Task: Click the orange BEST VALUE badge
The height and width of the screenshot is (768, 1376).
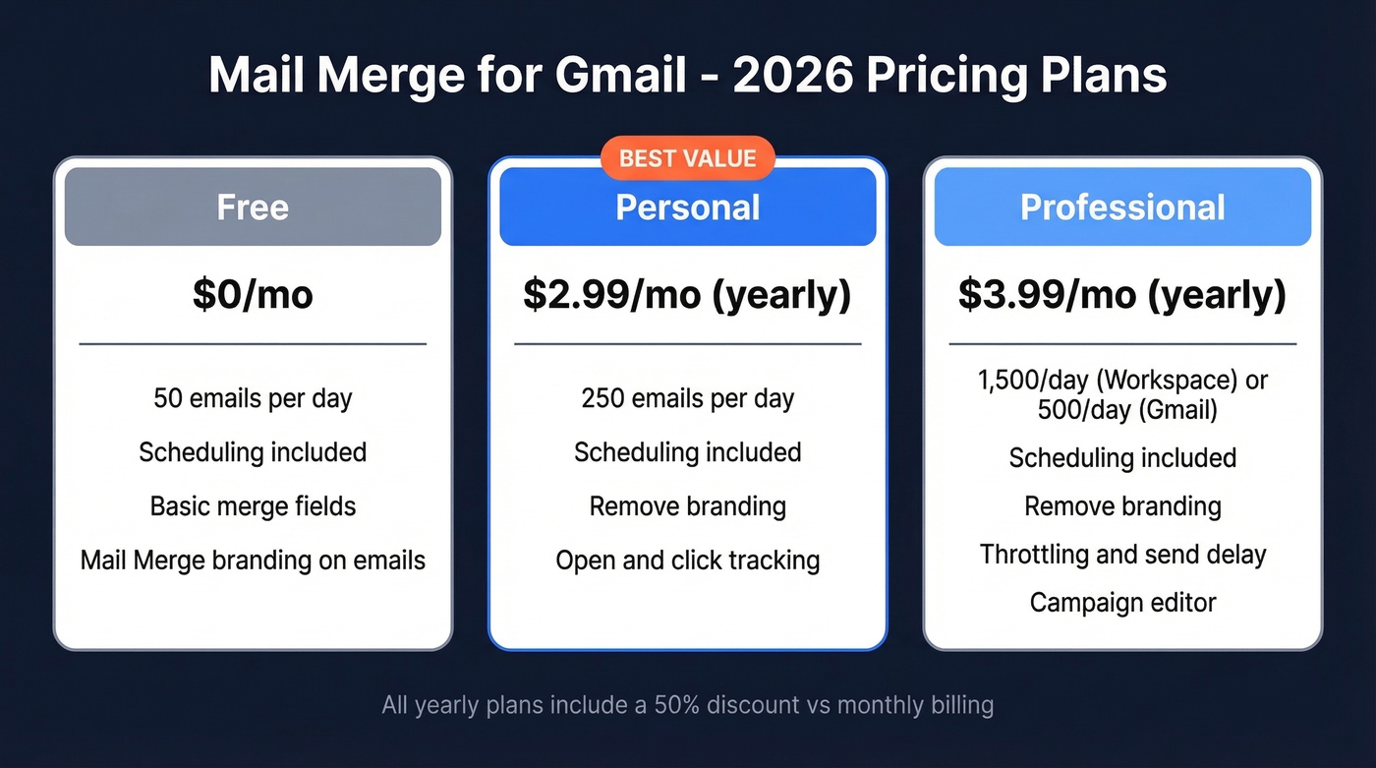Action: (687, 158)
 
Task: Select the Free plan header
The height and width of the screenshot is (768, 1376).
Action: (253, 207)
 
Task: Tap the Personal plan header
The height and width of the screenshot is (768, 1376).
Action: (687, 207)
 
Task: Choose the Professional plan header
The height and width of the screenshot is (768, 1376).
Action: (1122, 207)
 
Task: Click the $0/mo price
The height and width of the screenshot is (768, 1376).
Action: (253, 295)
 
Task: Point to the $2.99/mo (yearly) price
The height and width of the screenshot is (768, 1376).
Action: (687, 295)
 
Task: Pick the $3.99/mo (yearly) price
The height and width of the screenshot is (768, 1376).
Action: (1122, 295)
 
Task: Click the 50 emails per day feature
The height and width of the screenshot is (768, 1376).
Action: (253, 398)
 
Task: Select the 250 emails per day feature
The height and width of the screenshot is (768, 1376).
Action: (687, 398)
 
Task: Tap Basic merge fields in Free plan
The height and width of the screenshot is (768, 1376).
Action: (253, 506)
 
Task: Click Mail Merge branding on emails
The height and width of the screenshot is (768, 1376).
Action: (253, 561)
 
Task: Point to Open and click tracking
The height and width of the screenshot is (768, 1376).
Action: (687, 561)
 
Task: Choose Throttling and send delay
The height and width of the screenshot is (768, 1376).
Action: (1122, 555)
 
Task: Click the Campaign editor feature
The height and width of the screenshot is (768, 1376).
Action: (1122, 602)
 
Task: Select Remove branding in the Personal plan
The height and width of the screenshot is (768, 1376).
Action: (687, 506)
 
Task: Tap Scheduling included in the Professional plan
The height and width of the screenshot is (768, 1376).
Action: (1122, 458)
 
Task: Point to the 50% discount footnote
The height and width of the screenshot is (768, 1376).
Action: (687, 705)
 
